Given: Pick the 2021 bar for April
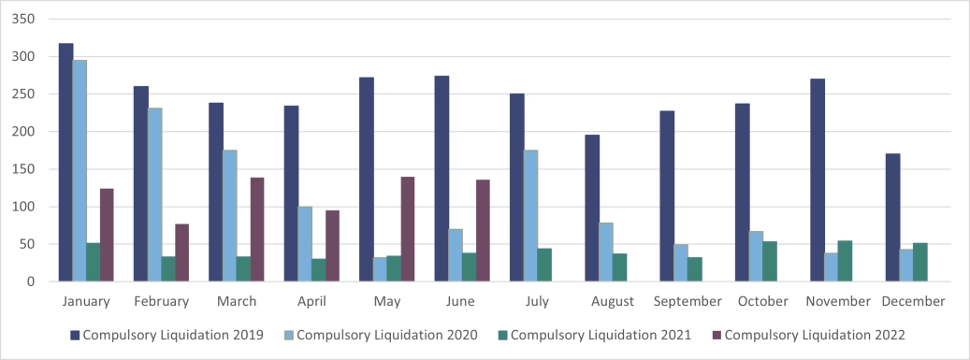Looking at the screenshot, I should (x=319, y=270).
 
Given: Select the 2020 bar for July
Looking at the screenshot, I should (x=530, y=215).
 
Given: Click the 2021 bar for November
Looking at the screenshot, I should (x=845, y=261).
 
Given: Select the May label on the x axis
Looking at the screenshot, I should (x=386, y=301).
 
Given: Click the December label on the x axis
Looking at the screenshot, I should (x=913, y=301).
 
